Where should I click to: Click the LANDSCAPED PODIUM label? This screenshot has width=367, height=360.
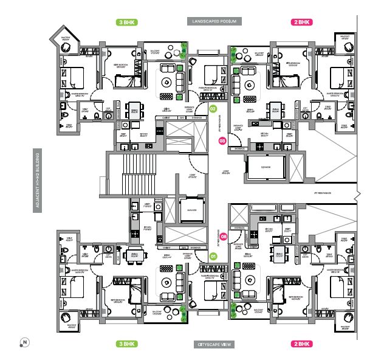click(214, 21)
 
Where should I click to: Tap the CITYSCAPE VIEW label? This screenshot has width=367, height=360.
click(214, 344)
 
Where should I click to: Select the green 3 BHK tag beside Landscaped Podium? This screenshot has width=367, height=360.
click(126, 22)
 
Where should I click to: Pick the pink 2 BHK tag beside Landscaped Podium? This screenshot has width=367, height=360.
click(303, 22)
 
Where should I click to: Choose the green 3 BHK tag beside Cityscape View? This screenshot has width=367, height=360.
click(126, 344)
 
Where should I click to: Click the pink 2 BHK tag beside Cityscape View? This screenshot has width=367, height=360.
click(303, 344)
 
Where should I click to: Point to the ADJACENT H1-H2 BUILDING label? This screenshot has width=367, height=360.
click(38, 181)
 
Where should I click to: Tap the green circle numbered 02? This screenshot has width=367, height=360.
click(213, 108)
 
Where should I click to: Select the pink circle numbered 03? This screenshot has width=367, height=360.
click(222, 141)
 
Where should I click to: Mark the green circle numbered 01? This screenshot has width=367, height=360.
click(213, 256)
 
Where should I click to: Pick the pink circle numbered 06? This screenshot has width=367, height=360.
click(224, 237)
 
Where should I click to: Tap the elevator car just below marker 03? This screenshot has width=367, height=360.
click(266, 166)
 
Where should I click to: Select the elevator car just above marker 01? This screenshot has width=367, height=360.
click(193, 210)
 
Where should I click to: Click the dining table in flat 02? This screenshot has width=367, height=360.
click(134, 110)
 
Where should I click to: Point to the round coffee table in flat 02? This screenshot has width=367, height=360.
click(166, 81)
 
